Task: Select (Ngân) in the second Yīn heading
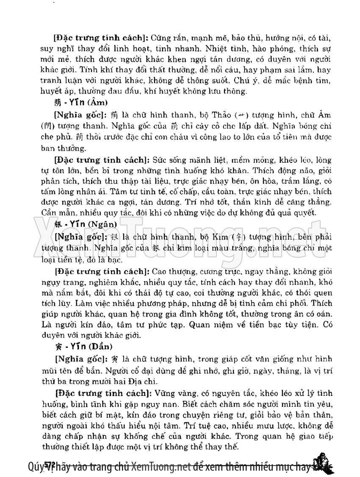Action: (x=102, y=224)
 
